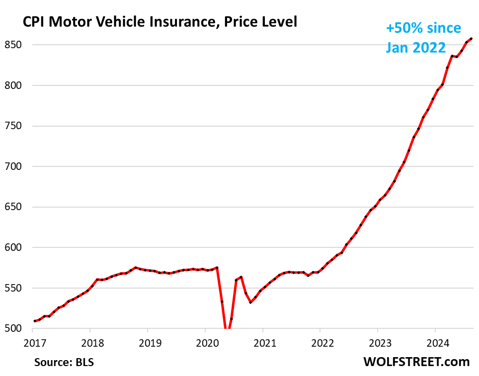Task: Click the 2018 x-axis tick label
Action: coord(90,342)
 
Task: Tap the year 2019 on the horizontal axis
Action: coord(148,342)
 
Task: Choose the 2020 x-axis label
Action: coord(205,342)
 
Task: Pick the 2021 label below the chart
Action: coord(262,342)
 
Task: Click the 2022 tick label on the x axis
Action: coord(320,342)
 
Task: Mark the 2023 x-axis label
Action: coord(378,342)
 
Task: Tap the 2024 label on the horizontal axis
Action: coord(435,342)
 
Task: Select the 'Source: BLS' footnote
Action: coord(64,362)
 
